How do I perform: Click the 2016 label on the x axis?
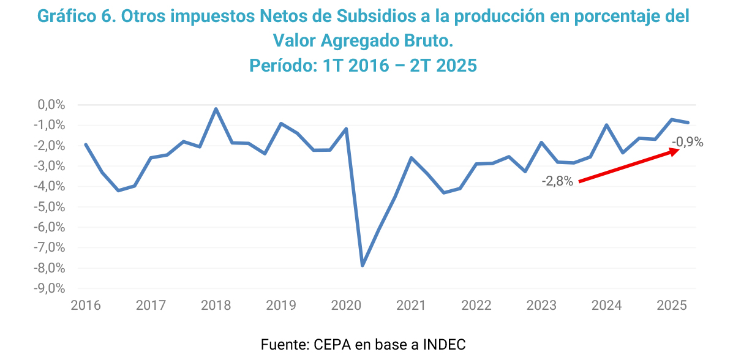tap(85, 305)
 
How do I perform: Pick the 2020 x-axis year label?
tap(346, 305)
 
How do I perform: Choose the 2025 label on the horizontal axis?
tap(672, 305)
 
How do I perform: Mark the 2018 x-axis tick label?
tap(216, 305)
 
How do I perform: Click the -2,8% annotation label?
tap(557, 181)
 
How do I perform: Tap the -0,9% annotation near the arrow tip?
tap(687, 143)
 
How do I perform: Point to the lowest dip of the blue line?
tap(363, 265)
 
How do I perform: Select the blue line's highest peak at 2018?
tap(216, 109)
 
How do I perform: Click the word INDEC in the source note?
tap(443, 344)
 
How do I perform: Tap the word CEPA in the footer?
tap(332, 344)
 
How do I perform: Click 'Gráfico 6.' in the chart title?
tap(77, 17)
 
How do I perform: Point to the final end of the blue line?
tap(688, 122)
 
